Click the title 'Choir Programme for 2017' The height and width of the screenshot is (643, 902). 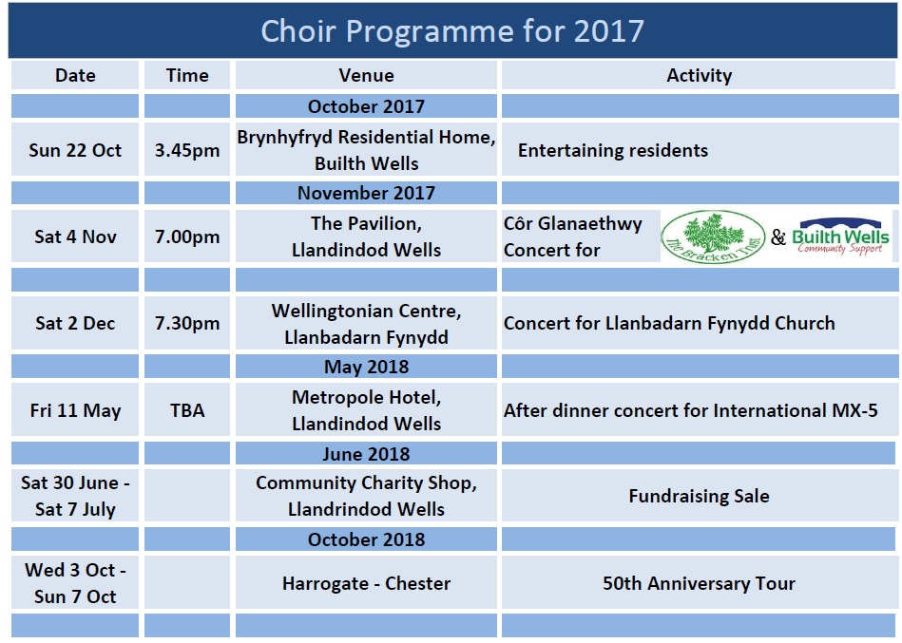452,30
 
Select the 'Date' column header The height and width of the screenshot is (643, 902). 75,75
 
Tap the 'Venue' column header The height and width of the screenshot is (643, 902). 367,75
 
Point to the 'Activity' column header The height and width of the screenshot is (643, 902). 699,75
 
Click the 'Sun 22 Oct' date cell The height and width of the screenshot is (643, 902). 75,150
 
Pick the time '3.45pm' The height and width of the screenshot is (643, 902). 187,151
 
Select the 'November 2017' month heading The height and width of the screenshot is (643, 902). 367,193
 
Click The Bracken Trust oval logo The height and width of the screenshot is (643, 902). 713,236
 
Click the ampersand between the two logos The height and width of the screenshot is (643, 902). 778,236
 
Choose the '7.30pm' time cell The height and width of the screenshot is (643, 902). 187,324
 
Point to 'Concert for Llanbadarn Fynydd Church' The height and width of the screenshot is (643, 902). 669,323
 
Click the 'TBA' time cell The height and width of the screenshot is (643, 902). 187,410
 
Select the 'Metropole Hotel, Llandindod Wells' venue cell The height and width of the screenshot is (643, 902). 367,410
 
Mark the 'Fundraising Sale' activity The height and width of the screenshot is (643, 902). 699,496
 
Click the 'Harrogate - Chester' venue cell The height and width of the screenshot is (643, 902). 367,583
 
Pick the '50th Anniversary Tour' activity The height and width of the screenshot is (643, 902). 699,583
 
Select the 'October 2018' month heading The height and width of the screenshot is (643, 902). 367,539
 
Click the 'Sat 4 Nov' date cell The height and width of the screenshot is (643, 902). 75,236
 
